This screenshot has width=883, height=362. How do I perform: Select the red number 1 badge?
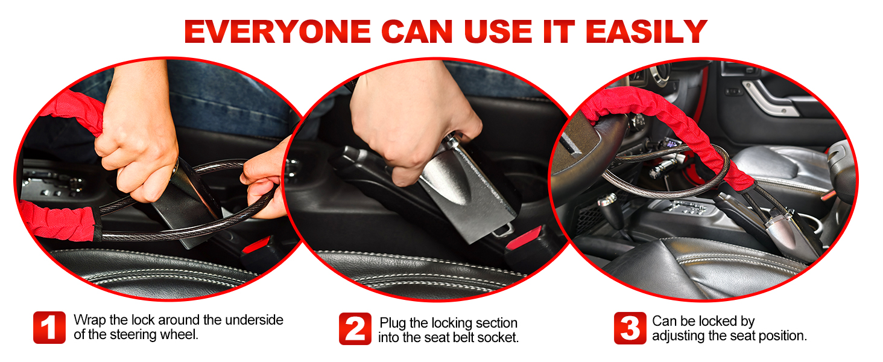[49, 328]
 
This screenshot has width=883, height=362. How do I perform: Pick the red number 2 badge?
[355, 329]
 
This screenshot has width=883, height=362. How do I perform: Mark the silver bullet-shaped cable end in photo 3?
[779, 232]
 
